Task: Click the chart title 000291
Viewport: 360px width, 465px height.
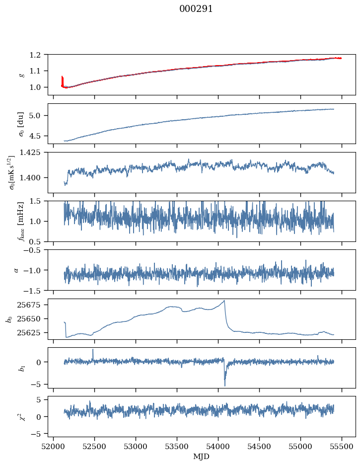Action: click(x=196, y=9)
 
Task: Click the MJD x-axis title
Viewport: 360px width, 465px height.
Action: click(x=202, y=456)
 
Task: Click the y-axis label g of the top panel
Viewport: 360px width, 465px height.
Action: click(x=21, y=75)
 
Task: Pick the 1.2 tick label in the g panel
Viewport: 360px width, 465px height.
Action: click(x=38, y=55)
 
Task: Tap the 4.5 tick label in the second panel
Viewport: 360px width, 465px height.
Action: click(x=38, y=136)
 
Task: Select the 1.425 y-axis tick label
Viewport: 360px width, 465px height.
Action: click(x=34, y=153)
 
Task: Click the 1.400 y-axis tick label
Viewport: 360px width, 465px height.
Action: click(x=34, y=178)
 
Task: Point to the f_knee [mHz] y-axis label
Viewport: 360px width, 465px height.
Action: click(x=21, y=221)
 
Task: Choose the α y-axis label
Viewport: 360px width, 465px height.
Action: click(x=16, y=270)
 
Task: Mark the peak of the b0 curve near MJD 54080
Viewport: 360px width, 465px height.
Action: click(x=224, y=301)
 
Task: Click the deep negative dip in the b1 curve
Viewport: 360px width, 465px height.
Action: click(x=224, y=385)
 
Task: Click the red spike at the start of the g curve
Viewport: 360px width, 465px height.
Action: click(x=62, y=79)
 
